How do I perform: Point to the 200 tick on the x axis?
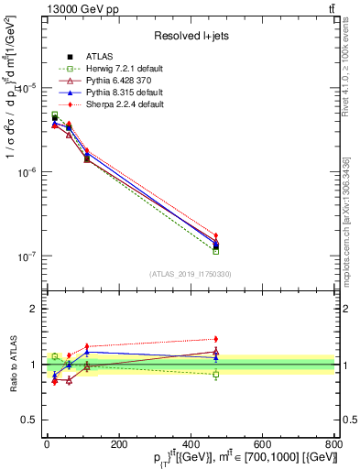tap(118, 443)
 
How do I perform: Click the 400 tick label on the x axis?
tap(191, 443)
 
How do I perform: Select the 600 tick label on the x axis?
tap(263, 443)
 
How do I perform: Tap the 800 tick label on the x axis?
tap(334, 443)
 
